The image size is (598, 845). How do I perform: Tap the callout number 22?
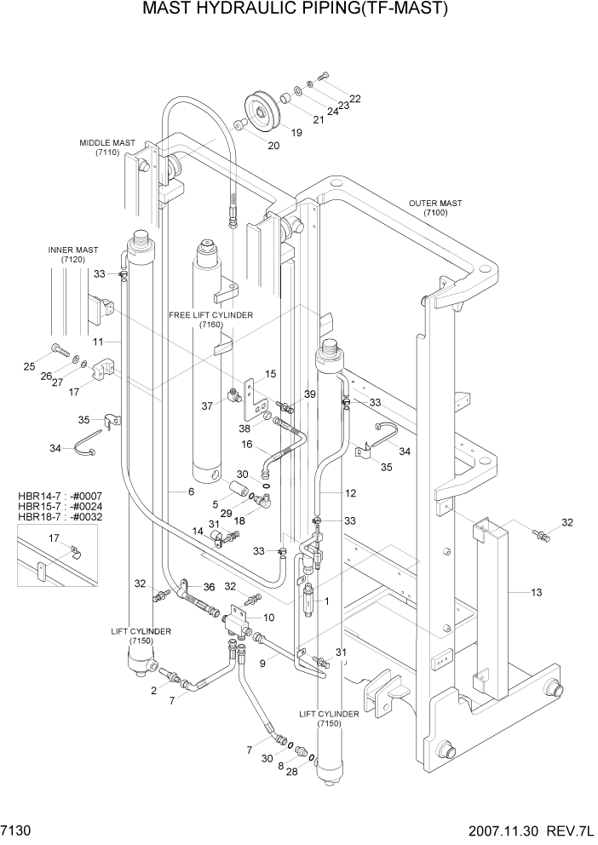tap(355, 99)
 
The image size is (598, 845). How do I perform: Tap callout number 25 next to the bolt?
tap(29, 366)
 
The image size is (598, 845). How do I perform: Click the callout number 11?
tap(98, 342)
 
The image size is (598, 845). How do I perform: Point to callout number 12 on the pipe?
tap(350, 493)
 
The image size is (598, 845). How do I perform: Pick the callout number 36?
tap(208, 586)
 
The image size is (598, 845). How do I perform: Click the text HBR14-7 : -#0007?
tap(53, 495)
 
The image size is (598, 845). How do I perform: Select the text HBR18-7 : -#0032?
tap(53, 517)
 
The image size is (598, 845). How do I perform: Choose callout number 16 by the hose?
tap(245, 444)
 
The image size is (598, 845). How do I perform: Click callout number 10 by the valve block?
tap(269, 617)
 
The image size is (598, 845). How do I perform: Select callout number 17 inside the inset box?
tap(54, 537)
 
